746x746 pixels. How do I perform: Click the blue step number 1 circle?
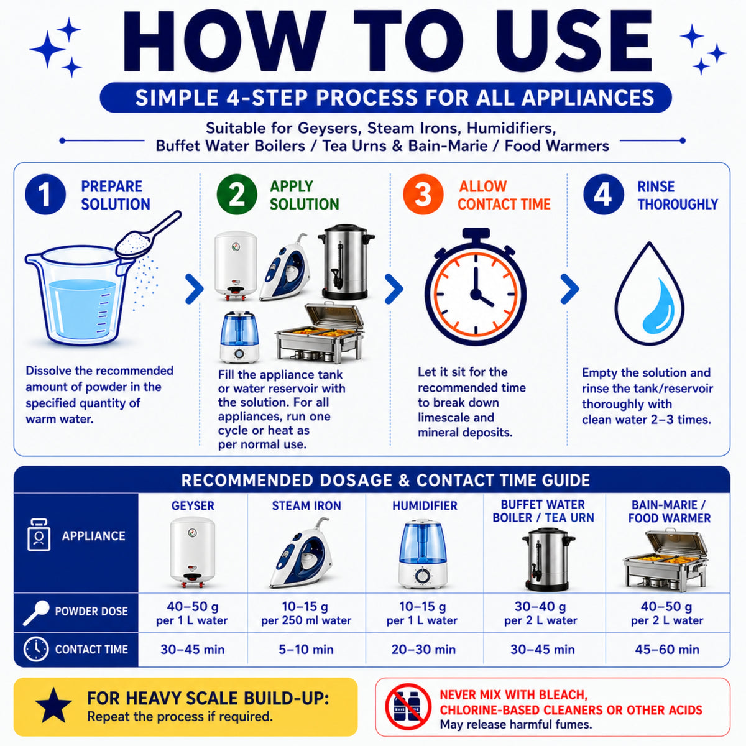pos(45,195)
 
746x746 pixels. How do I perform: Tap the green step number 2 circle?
pos(237,195)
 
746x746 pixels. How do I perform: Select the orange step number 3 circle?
pos(423,195)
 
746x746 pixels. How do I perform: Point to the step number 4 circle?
pos(604,195)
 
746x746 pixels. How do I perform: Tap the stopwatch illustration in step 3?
pos(476,287)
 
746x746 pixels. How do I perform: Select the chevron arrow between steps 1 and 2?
pos(195,288)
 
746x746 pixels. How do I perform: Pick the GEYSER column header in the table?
pos(193,505)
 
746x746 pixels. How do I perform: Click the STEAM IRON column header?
pos(306,505)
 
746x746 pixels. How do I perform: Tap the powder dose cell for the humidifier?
pos(422,613)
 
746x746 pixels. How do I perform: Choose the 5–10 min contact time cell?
pos(306,649)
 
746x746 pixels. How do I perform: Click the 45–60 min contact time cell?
pos(667,649)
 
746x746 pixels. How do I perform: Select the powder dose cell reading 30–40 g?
pos(540,613)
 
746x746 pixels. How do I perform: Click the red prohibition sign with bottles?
pos(408,706)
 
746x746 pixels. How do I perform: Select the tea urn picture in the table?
pos(548,559)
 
